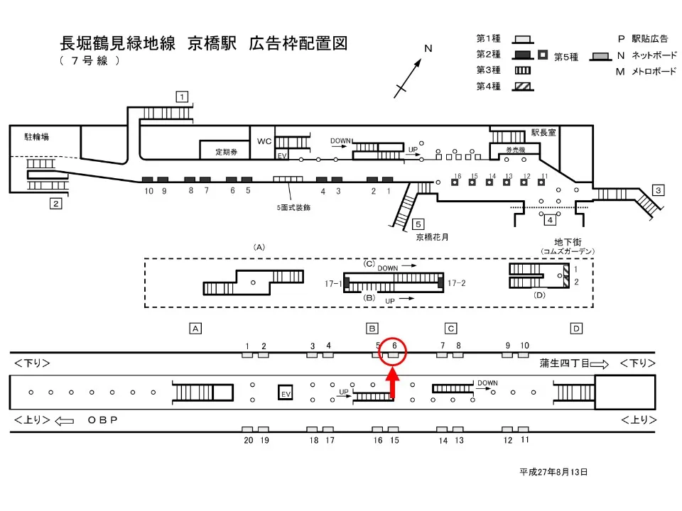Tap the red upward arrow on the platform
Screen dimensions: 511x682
point(391,386)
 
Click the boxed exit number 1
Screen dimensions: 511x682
point(183,97)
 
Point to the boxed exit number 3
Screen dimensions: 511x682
point(659,189)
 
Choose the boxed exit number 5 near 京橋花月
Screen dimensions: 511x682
point(419,224)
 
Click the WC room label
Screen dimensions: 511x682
point(264,141)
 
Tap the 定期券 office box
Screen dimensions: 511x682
point(226,151)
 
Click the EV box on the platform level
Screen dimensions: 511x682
point(286,393)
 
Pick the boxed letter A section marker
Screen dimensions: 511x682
point(195,328)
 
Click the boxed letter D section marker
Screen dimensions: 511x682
point(576,328)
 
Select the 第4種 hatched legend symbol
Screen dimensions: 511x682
point(522,87)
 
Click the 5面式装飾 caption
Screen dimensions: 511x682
point(293,208)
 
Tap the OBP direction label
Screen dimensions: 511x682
point(102,420)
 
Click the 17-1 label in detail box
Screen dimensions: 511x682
point(332,283)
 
